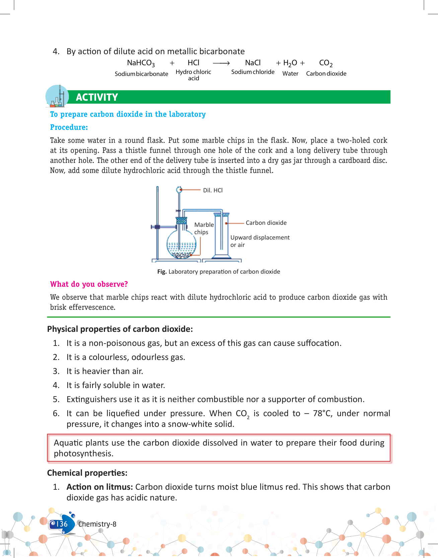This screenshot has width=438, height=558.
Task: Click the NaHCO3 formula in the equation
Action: click(141, 63)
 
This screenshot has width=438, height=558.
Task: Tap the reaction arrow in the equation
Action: click(221, 63)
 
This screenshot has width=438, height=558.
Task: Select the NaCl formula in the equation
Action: click(253, 63)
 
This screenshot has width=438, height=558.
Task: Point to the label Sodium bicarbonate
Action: click(141, 74)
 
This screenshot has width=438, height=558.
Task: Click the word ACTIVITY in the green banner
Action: click(97, 97)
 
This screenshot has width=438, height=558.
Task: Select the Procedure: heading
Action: click(69, 127)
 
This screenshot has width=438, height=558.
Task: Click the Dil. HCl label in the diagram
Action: click(213, 190)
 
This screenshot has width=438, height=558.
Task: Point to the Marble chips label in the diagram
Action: click(204, 228)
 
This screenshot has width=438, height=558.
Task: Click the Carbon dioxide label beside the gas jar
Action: click(266, 223)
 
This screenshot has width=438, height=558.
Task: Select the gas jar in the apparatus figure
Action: click(221, 236)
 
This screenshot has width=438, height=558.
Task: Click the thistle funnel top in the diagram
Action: click(179, 190)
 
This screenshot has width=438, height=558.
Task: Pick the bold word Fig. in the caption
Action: click(162, 272)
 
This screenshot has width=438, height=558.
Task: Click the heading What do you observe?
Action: click(89, 284)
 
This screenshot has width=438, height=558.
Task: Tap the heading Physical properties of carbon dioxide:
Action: click(120, 329)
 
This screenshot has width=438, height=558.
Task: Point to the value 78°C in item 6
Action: click(322, 413)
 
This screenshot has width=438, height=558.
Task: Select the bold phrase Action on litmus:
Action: click(100, 487)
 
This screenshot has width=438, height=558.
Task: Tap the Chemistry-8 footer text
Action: click(97, 524)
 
